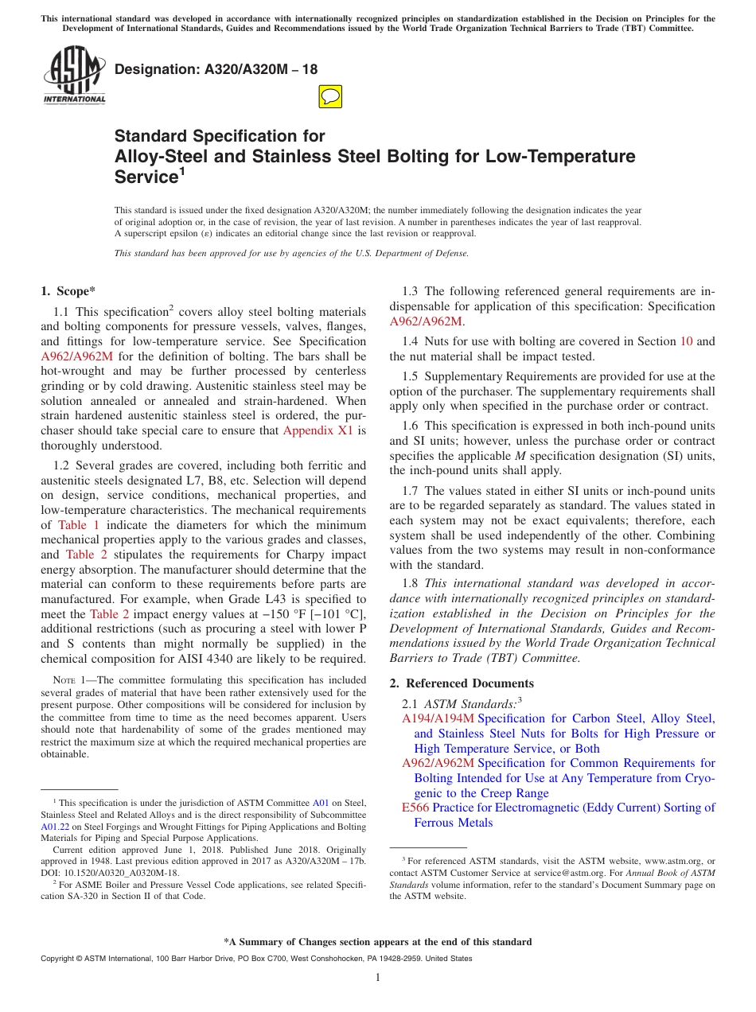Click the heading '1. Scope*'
click(x=68, y=291)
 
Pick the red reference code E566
click(x=415, y=808)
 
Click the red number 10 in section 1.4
click(x=686, y=341)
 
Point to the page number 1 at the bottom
click(x=378, y=978)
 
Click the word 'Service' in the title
click(x=144, y=177)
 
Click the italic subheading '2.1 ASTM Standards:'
click(x=459, y=703)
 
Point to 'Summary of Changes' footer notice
click(x=378, y=942)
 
